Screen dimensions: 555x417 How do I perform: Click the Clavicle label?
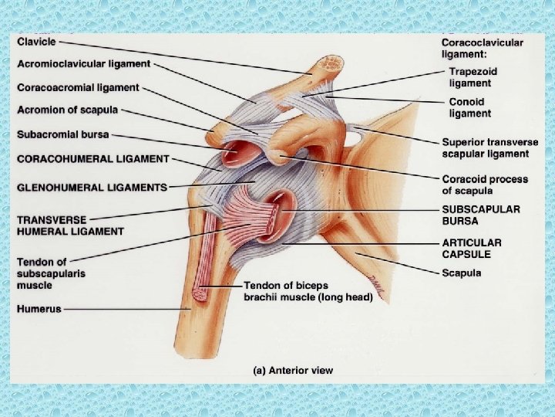(x=36, y=42)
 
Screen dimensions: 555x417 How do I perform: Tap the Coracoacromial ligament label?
(x=78, y=87)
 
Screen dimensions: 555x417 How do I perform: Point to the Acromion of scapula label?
(x=68, y=110)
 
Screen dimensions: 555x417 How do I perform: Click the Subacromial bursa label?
(x=63, y=134)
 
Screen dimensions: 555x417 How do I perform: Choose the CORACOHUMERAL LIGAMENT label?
(x=93, y=158)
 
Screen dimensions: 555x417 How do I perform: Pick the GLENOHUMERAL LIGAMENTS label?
(x=92, y=187)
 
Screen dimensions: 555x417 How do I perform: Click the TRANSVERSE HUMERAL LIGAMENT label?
(x=70, y=225)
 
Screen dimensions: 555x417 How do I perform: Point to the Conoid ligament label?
(x=470, y=107)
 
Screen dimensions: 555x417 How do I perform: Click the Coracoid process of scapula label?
(x=485, y=185)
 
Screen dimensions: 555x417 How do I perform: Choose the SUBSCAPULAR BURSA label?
(x=480, y=215)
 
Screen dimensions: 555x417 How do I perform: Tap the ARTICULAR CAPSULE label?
(x=472, y=248)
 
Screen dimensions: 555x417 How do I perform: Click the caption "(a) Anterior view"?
(x=294, y=371)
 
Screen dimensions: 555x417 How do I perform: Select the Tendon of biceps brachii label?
(x=308, y=290)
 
